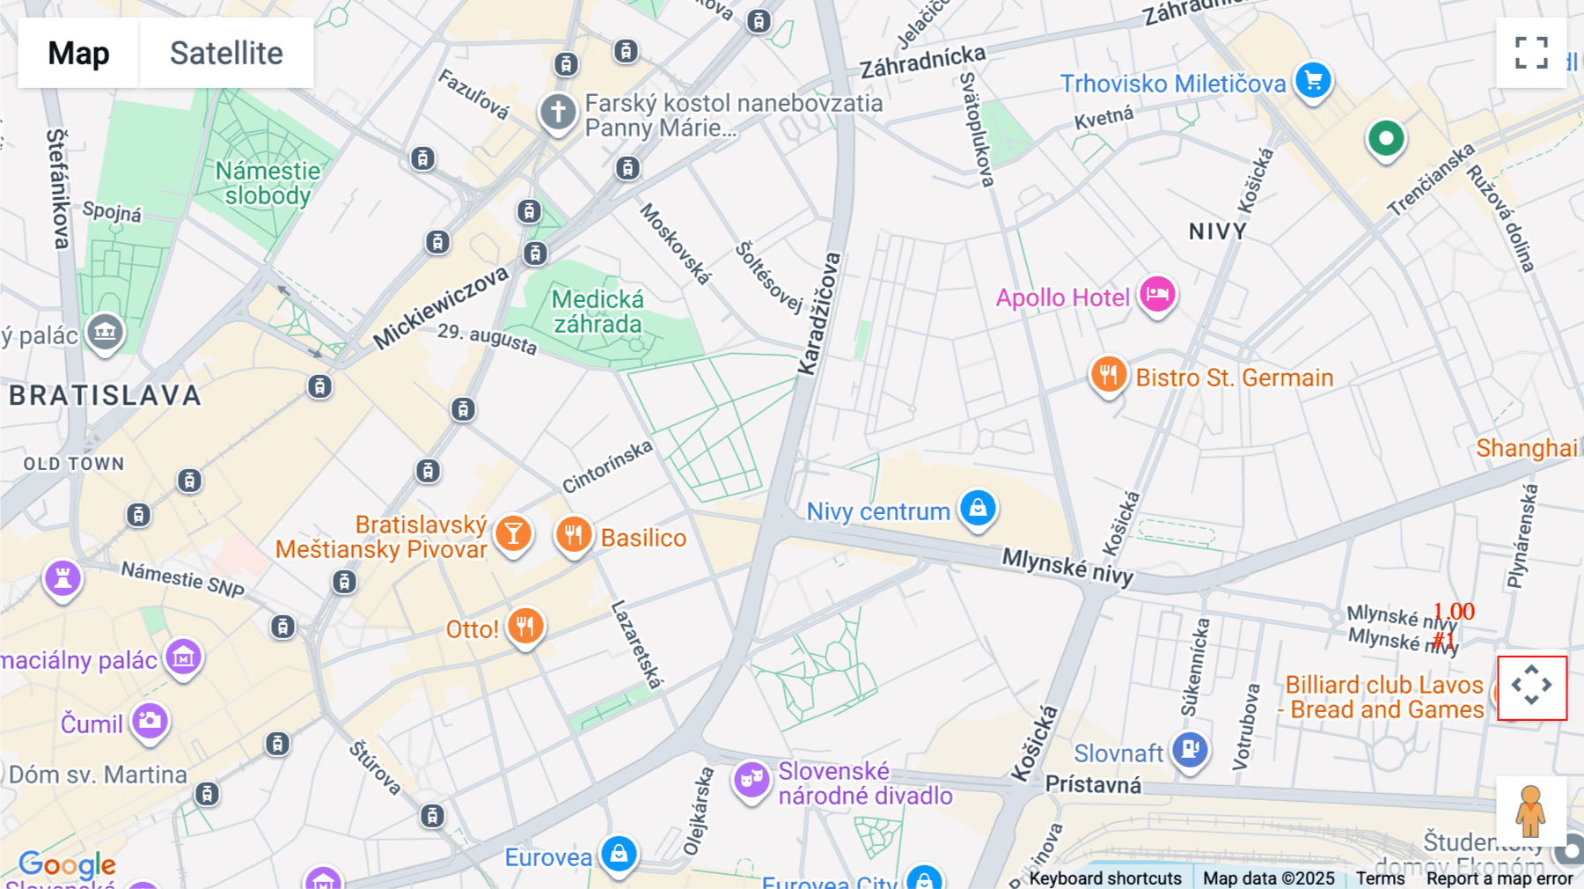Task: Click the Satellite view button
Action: [226, 53]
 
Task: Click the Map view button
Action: [78, 53]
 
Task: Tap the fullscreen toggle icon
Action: [1531, 53]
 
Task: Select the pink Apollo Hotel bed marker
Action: [1157, 294]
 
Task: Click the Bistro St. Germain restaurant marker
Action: [1109, 375]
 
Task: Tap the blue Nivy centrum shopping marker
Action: [978, 508]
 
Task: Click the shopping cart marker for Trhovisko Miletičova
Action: [1313, 81]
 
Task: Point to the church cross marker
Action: [558, 112]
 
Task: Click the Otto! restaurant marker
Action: [525, 627]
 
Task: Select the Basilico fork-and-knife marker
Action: [574, 534]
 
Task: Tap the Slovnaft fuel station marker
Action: [1190, 750]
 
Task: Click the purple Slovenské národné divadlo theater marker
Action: [752, 779]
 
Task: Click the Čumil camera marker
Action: [150, 721]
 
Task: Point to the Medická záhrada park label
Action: [598, 312]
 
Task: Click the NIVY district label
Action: [1218, 231]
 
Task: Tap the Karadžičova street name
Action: [819, 313]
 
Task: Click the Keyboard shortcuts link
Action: [1105, 878]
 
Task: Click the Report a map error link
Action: [1500, 878]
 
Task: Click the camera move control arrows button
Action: [1531, 687]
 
